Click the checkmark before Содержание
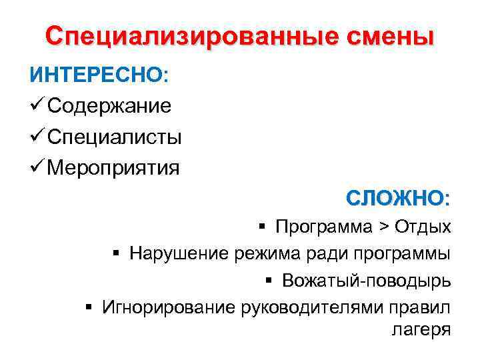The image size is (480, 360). [x=37, y=105]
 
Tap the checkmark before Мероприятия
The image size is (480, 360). [x=37, y=168]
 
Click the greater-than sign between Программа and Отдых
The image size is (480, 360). [x=384, y=227]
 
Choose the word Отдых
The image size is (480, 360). [x=423, y=227]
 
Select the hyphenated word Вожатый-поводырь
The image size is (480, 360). [x=366, y=280]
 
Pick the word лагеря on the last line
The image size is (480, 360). [x=418, y=329]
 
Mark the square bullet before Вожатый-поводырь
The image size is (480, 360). [x=269, y=280]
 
